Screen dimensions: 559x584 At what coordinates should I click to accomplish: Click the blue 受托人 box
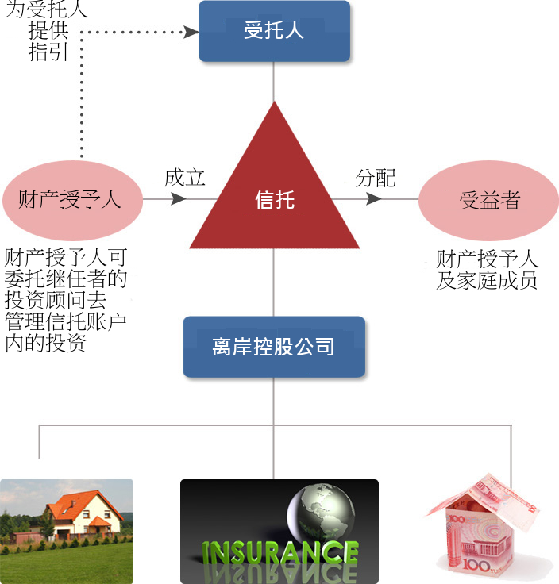[274, 31]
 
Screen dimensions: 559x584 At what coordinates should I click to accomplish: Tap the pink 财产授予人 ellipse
[73, 200]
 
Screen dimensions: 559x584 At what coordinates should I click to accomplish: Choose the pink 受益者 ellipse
[488, 200]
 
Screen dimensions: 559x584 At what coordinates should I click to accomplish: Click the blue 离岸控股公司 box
[274, 347]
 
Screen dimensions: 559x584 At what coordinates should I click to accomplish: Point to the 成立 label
[185, 177]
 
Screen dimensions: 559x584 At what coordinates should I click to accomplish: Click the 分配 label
[376, 178]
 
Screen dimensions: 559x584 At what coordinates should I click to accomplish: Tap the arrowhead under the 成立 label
[179, 199]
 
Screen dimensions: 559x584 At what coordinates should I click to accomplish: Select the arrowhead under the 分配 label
[374, 199]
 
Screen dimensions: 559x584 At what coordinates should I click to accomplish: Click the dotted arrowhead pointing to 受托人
[191, 32]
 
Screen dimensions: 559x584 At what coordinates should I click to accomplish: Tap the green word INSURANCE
[279, 552]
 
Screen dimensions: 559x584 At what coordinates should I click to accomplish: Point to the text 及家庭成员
[487, 280]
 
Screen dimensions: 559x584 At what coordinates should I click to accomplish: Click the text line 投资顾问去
[56, 300]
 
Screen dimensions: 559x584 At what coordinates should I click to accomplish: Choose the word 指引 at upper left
[48, 52]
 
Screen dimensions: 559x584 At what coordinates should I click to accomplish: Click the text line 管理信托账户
[66, 321]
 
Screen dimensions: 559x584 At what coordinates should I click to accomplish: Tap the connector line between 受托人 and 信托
[274, 82]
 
